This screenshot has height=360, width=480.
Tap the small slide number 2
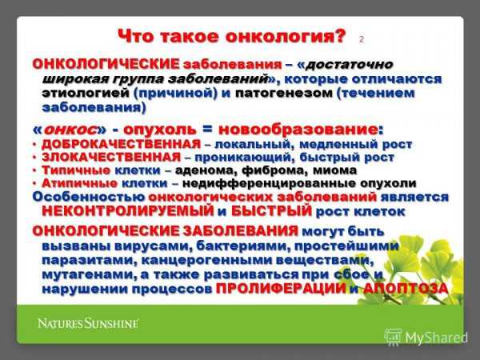pos(362,39)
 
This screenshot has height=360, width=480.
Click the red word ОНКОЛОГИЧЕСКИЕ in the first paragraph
pos(106,64)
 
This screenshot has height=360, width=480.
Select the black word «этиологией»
pos(86,93)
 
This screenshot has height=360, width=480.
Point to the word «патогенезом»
pos(283,93)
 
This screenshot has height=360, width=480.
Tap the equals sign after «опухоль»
pos(207,129)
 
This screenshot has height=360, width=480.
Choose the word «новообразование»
pos(298,130)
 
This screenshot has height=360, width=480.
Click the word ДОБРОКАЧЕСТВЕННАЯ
pos(122,144)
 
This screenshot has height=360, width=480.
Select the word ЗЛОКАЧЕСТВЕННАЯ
pos(111,157)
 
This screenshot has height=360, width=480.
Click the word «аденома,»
pos(206,170)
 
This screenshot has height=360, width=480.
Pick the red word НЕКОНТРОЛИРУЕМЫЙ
pos(128,211)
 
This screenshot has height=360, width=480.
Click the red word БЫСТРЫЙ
pos(271,211)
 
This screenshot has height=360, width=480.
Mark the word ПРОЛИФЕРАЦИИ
pos(281,288)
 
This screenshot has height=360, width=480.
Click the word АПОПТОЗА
pos(406,288)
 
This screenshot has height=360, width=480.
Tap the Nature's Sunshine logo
pos(88,323)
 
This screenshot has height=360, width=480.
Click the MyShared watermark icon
pos(393,337)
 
